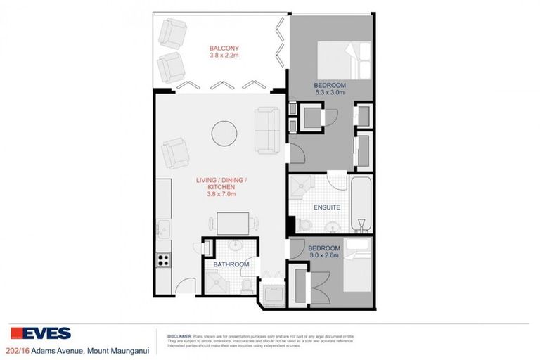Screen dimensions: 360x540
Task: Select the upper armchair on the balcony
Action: [172, 32]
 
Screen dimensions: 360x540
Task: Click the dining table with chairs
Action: [231, 223]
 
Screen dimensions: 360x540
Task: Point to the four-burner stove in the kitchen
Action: [163, 259]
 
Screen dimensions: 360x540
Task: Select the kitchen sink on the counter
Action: [163, 229]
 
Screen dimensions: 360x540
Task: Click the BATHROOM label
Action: [232, 264]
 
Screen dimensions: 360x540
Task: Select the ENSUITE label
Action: [326, 207]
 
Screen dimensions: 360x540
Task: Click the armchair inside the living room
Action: [175, 151]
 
